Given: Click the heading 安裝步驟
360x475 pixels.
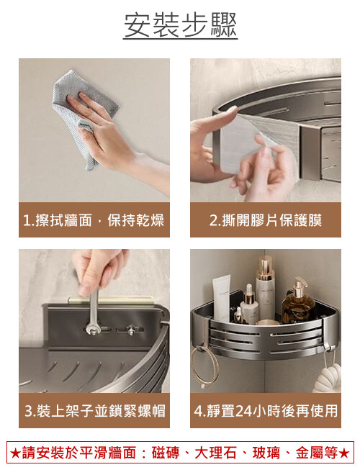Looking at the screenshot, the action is point(180,25).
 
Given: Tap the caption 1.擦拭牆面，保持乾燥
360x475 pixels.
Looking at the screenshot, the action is point(94,220).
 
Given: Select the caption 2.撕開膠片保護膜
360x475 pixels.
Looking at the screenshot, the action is point(266,220).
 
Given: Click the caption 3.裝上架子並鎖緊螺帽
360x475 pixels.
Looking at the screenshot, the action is point(95,411).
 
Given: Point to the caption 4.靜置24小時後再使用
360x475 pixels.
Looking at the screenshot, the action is point(266,411).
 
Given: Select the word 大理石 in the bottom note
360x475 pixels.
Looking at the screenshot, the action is point(215,453).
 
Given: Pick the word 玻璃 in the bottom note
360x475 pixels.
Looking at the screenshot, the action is point(266,453).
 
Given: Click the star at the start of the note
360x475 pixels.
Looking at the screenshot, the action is point(15,453).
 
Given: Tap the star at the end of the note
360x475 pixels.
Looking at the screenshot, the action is point(344,453).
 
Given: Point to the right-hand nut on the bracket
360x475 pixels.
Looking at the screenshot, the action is point(131,330).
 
